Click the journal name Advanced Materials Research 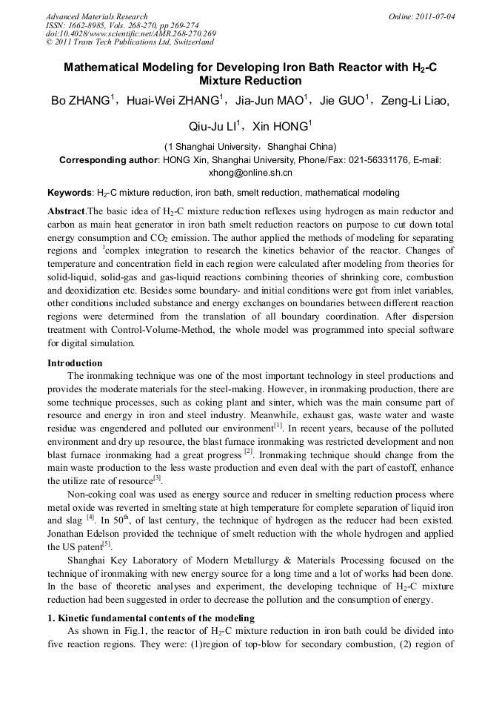[x=96, y=16]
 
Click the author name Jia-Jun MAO [x=268, y=101]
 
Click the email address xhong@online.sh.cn [x=250, y=173]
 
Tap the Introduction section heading [x=75, y=363]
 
